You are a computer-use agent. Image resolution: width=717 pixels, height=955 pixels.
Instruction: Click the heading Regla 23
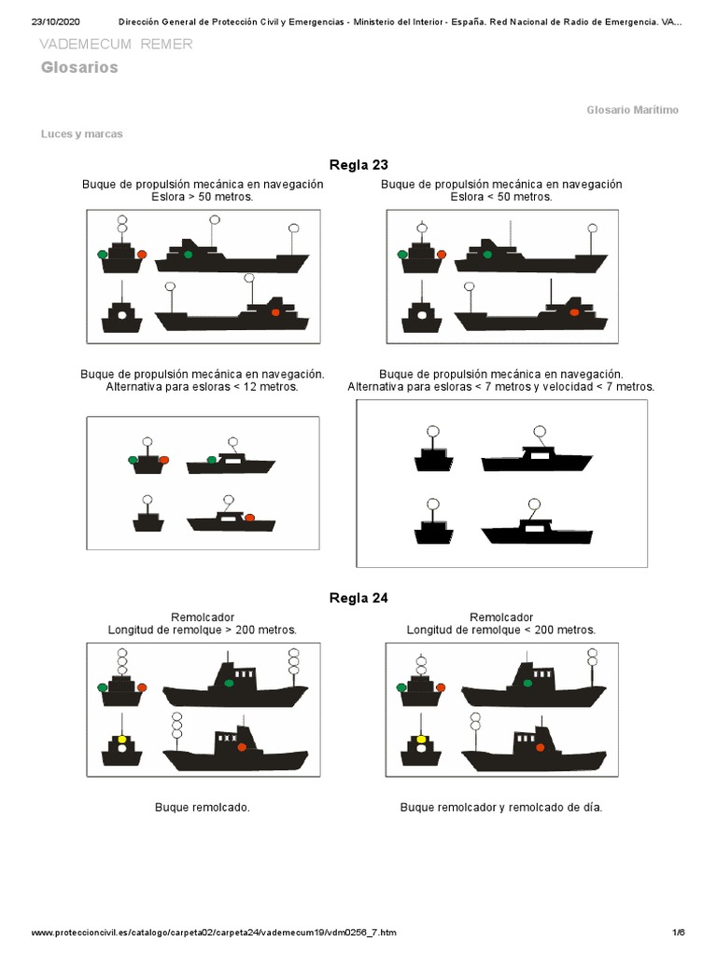[x=358, y=165]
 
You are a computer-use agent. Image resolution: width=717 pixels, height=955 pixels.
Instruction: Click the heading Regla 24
[x=358, y=598]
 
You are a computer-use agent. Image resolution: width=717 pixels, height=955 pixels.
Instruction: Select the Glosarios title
[x=79, y=67]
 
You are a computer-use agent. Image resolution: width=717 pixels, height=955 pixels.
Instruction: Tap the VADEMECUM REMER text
[x=117, y=45]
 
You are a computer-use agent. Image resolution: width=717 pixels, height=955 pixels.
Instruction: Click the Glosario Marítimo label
[x=632, y=110]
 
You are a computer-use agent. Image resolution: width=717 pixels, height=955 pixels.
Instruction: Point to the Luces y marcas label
[x=82, y=133]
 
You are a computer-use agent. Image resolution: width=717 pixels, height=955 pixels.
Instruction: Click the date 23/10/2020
[x=59, y=21]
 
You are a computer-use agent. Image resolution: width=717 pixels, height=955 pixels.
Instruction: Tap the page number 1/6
[x=678, y=933]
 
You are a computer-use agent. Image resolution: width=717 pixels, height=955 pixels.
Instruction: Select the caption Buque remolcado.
[x=203, y=807]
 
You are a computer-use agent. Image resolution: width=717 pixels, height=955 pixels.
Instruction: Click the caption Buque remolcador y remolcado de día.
[x=501, y=807]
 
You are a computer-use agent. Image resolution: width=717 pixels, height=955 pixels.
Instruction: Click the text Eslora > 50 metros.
[x=203, y=197]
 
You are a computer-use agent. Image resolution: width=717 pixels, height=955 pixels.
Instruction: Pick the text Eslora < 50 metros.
[x=501, y=197]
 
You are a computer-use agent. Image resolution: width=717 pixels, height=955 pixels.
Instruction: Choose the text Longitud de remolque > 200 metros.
[x=203, y=630]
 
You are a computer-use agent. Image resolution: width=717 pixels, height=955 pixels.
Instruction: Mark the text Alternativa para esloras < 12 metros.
[x=203, y=386]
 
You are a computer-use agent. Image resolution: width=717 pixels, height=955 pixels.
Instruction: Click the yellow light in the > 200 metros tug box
[x=121, y=740]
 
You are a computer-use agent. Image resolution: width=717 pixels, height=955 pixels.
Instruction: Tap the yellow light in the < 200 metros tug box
[x=421, y=740]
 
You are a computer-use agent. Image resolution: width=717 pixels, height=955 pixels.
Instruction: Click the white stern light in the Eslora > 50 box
[x=121, y=315]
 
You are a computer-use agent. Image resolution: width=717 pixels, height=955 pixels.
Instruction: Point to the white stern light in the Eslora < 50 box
[x=422, y=315]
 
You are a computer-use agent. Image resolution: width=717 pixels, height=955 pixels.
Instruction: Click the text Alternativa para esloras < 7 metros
[x=501, y=386]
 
